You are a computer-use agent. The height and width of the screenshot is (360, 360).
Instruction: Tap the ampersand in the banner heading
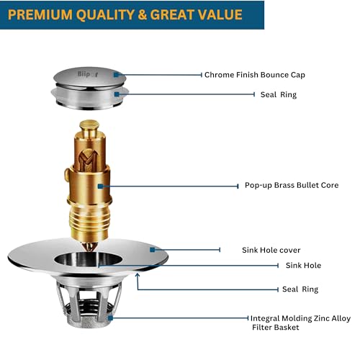click(x=142, y=14)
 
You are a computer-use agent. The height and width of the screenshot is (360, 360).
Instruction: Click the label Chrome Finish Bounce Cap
click(x=255, y=75)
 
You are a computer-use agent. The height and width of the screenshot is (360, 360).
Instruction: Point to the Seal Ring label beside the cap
click(x=279, y=94)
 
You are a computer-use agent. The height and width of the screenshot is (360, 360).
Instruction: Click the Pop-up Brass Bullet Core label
click(x=292, y=185)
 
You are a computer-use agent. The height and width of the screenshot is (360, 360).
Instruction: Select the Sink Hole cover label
click(x=271, y=250)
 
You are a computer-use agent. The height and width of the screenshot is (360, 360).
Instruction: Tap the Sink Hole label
click(x=303, y=266)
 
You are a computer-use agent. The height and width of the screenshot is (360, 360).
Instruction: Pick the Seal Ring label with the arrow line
click(x=300, y=289)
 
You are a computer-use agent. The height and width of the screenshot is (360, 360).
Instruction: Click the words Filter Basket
click(x=276, y=328)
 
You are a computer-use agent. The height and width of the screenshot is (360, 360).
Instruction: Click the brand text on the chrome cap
click(x=88, y=74)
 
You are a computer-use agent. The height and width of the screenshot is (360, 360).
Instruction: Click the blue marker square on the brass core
click(x=100, y=186)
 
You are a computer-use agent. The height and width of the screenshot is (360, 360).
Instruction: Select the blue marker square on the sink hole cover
click(x=152, y=250)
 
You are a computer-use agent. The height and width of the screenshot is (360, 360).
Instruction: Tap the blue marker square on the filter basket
click(x=110, y=318)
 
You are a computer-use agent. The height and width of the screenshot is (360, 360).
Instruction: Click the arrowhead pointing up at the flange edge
click(x=138, y=276)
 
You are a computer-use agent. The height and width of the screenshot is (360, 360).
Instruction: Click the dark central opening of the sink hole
click(x=88, y=260)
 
